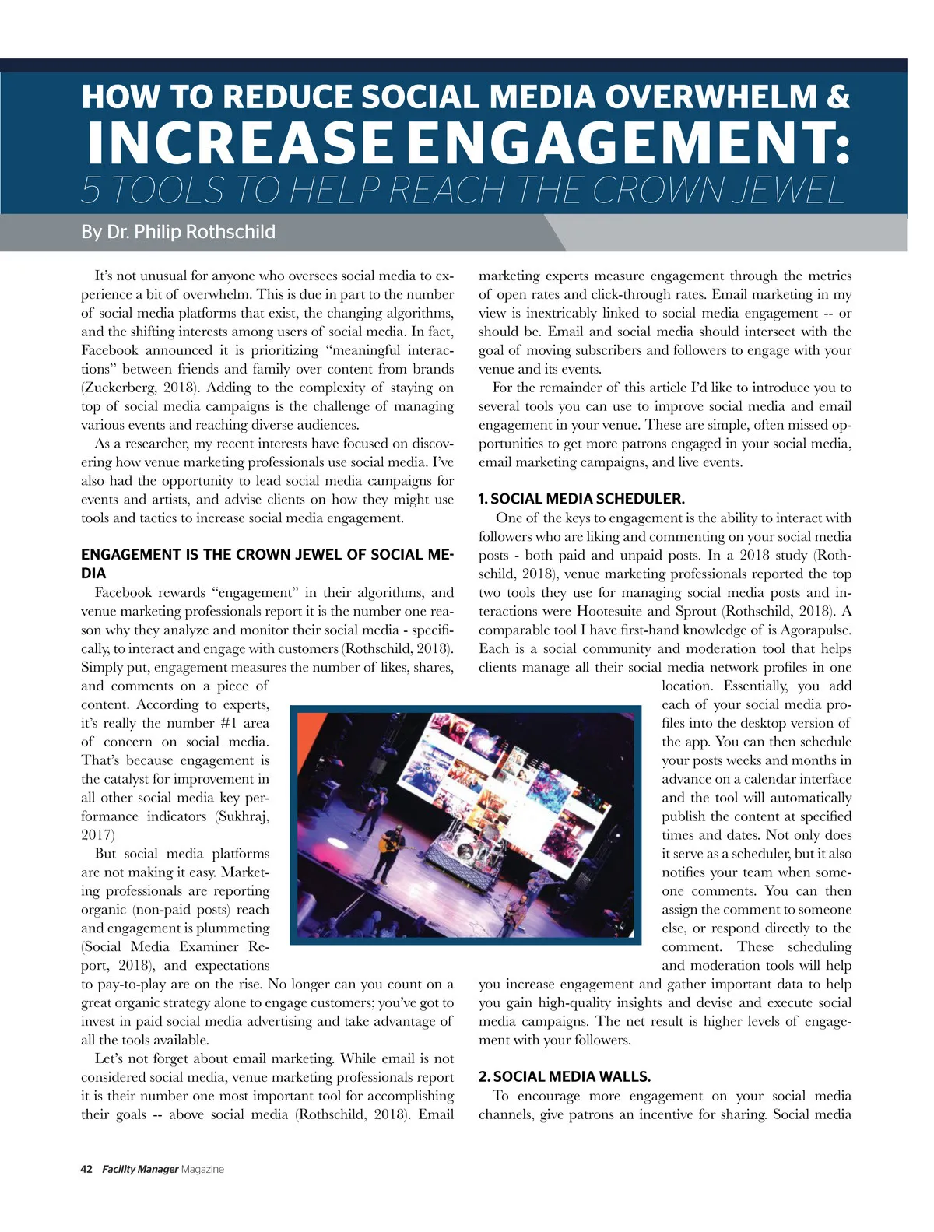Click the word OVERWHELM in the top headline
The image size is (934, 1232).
coord(698,97)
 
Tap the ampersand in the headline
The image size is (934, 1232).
coord(837,97)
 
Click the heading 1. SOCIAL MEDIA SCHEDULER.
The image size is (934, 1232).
coord(581,499)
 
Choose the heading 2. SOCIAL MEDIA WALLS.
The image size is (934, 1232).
coord(564,1077)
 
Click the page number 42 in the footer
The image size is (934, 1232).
coord(86,1169)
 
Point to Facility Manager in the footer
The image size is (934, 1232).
coord(140,1169)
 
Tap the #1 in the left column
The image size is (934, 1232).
coord(228,723)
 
